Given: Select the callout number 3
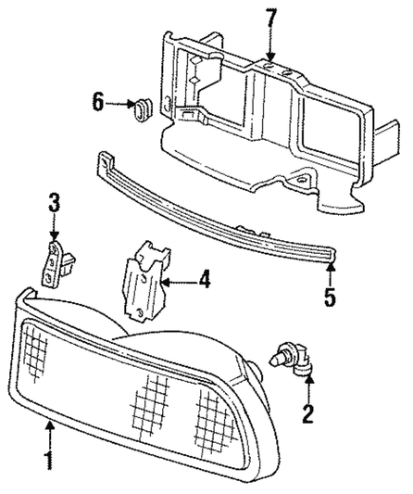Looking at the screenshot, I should point(54,200).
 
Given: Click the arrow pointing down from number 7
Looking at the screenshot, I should point(270,46).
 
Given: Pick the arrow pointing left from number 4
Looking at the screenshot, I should point(176,277).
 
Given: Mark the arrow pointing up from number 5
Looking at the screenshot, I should point(331,273).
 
